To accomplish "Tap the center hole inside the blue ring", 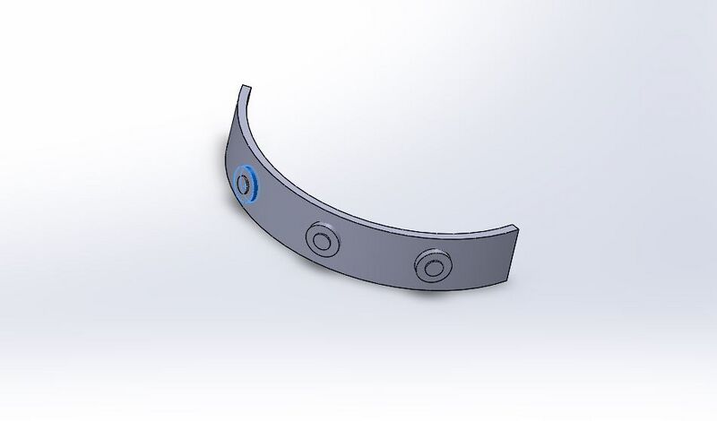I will [242, 184].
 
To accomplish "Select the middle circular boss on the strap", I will [320, 239].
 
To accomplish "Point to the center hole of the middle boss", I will [320, 239].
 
